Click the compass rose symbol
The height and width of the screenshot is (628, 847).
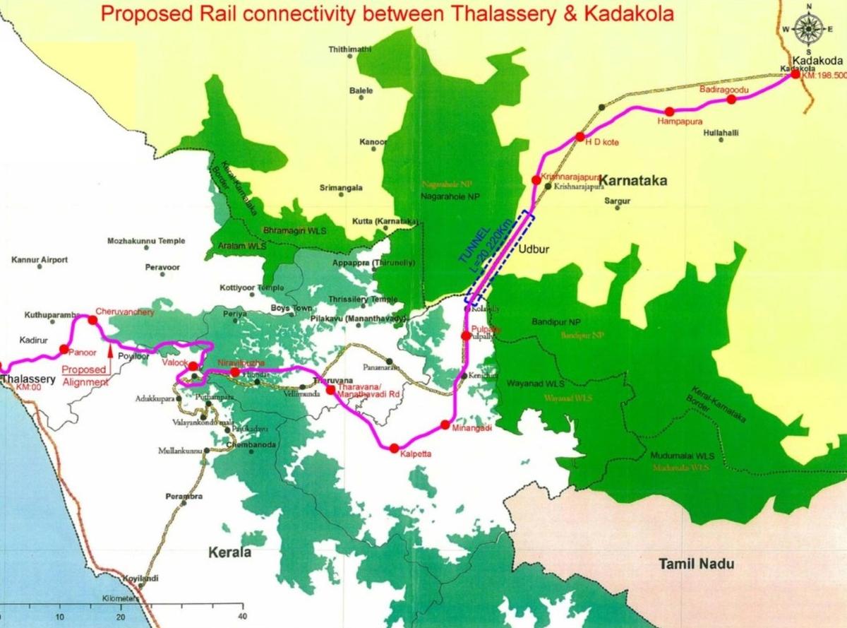click(807, 28)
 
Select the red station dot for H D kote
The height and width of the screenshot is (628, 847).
click(579, 136)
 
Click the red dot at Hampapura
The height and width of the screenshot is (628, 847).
click(669, 111)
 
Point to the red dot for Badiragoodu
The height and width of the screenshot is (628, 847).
click(731, 100)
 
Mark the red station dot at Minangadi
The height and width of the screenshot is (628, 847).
click(445, 425)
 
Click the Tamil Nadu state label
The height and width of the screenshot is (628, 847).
click(696, 564)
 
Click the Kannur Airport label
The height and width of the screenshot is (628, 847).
click(40, 260)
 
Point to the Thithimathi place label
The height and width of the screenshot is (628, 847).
click(350, 49)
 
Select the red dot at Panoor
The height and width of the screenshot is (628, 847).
click(64, 349)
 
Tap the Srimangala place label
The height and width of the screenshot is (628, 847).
click(341, 189)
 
